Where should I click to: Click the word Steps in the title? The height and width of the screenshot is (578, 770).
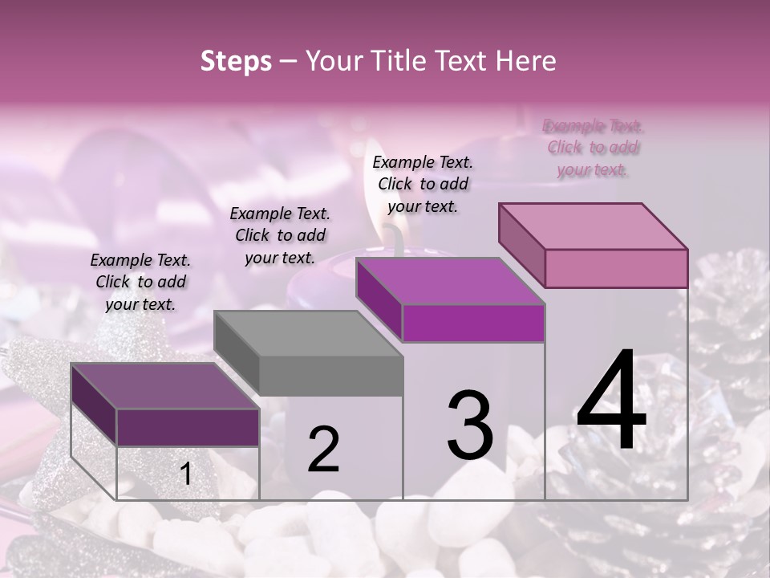point(236,61)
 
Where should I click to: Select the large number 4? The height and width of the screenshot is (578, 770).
point(611,401)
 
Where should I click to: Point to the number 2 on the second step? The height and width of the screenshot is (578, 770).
point(323,450)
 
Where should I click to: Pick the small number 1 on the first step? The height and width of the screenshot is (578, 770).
point(185,474)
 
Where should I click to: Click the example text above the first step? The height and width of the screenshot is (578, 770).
point(140,282)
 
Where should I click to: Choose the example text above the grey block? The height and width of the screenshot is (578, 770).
point(280,235)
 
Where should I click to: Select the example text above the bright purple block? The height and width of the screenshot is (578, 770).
point(423,184)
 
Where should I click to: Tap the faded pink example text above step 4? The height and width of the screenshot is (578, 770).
point(593,148)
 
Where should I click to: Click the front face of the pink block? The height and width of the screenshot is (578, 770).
point(616,268)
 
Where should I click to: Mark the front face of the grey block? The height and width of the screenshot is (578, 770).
point(330,376)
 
